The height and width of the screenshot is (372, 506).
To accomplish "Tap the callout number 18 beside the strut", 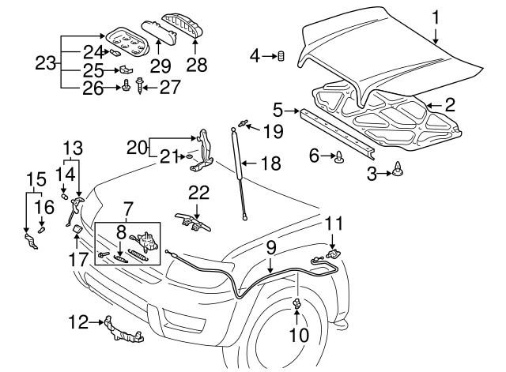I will click(270, 163).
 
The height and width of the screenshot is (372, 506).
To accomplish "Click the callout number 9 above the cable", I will click(270, 247).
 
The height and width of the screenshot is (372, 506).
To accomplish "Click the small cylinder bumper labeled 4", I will click(279, 55).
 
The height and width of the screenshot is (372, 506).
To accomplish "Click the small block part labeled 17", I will click(77, 231).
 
